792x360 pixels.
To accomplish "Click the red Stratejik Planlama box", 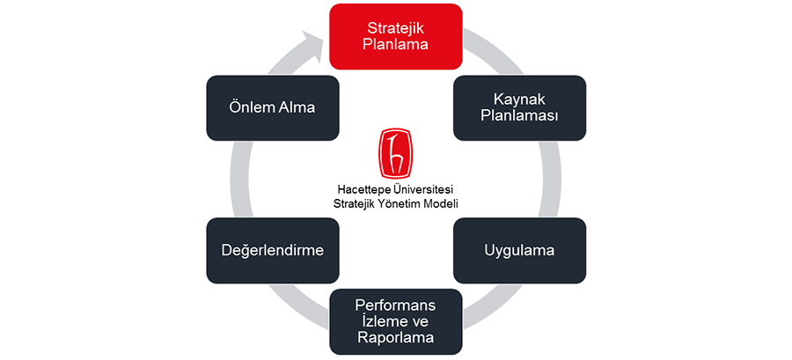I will (x=395, y=36).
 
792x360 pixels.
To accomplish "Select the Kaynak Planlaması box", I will (x=519, y=107).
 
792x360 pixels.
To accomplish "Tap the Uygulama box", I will (x=519, y=250).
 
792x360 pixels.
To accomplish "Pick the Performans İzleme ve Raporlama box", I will (x=395, y=321).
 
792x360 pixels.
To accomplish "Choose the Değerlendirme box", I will (x=272, y=250).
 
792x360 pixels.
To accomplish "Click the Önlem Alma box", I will (x=272, y=107).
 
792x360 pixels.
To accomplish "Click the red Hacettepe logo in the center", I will (x=395, y=154).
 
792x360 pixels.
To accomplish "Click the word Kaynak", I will (x=519, y=99).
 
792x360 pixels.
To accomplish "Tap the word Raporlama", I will (x=395, y=337).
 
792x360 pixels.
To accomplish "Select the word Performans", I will (x=395, y=305).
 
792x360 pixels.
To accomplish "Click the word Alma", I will (x=297, y=107).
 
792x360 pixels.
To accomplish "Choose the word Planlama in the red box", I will (x=395, y=44).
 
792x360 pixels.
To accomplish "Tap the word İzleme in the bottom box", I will (x=379, y=321).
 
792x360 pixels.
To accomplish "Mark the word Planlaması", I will (x=519, y=117).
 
